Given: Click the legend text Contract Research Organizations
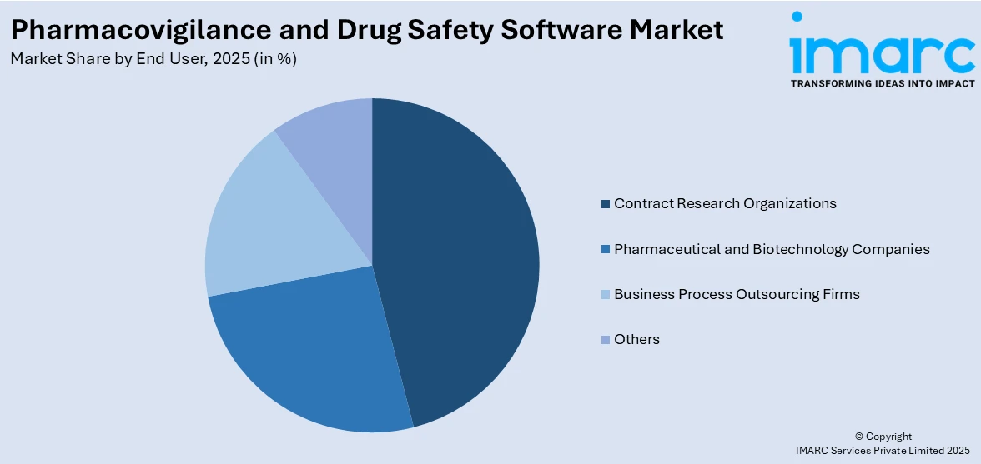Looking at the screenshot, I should pos(724,203).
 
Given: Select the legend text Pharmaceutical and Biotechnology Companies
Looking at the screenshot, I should pos(771,249).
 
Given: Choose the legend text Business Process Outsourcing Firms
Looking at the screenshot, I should pos(736,294).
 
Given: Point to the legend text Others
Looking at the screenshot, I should pos(636,339).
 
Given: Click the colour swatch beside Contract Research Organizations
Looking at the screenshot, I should pos(605,204).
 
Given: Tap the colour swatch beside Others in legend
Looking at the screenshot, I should pos(605,340).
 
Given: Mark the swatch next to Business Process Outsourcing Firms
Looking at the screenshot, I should pos(605,295).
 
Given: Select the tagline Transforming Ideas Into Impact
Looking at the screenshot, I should pos(882,84).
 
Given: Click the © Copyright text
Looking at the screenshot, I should pos(883,437).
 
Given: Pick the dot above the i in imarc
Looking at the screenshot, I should pos(797,17).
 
